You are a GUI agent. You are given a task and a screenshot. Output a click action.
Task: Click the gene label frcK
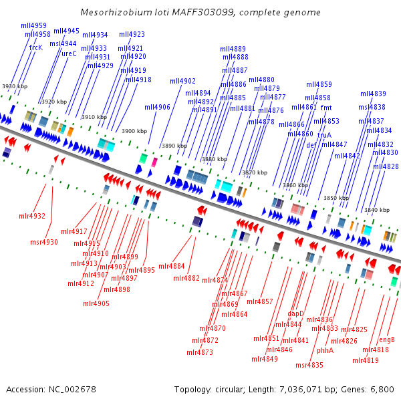click(35, 47)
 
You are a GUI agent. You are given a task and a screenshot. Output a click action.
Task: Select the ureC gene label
click(69, 54)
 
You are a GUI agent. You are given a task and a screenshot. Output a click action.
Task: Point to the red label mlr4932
click(32, 216)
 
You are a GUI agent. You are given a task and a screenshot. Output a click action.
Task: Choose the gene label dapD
click(295, 313)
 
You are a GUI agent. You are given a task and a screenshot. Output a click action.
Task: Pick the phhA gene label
click(325, 350)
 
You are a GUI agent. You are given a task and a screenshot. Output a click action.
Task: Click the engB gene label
click(387, 340)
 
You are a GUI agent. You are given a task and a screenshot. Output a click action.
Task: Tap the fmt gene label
click(326, 108)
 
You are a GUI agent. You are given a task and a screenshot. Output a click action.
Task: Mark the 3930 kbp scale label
click(15, 86)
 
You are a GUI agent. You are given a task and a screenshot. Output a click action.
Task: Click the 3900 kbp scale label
click(134, 131)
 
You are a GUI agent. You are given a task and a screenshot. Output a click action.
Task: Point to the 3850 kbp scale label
click(336, 198)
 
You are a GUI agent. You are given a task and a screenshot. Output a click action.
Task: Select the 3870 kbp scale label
click(255, 172)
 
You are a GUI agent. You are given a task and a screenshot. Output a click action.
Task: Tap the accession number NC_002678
click(72, 389)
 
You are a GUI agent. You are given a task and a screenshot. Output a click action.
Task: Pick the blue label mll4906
click(157, 107)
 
